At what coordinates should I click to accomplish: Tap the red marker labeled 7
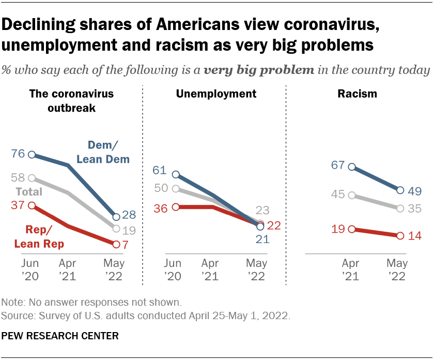116,244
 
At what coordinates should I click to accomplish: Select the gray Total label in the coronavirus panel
30,191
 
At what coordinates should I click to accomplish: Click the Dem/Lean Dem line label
103,153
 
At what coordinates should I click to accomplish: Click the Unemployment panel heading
216,94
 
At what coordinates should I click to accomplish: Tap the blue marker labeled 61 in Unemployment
176,175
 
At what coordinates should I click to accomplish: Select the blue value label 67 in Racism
338,166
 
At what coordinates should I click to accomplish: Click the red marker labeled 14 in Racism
400,235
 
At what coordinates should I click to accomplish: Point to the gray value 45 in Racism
338,195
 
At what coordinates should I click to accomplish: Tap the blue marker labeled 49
400,190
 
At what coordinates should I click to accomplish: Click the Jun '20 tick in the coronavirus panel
31,269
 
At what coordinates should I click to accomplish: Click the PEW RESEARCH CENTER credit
60,336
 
